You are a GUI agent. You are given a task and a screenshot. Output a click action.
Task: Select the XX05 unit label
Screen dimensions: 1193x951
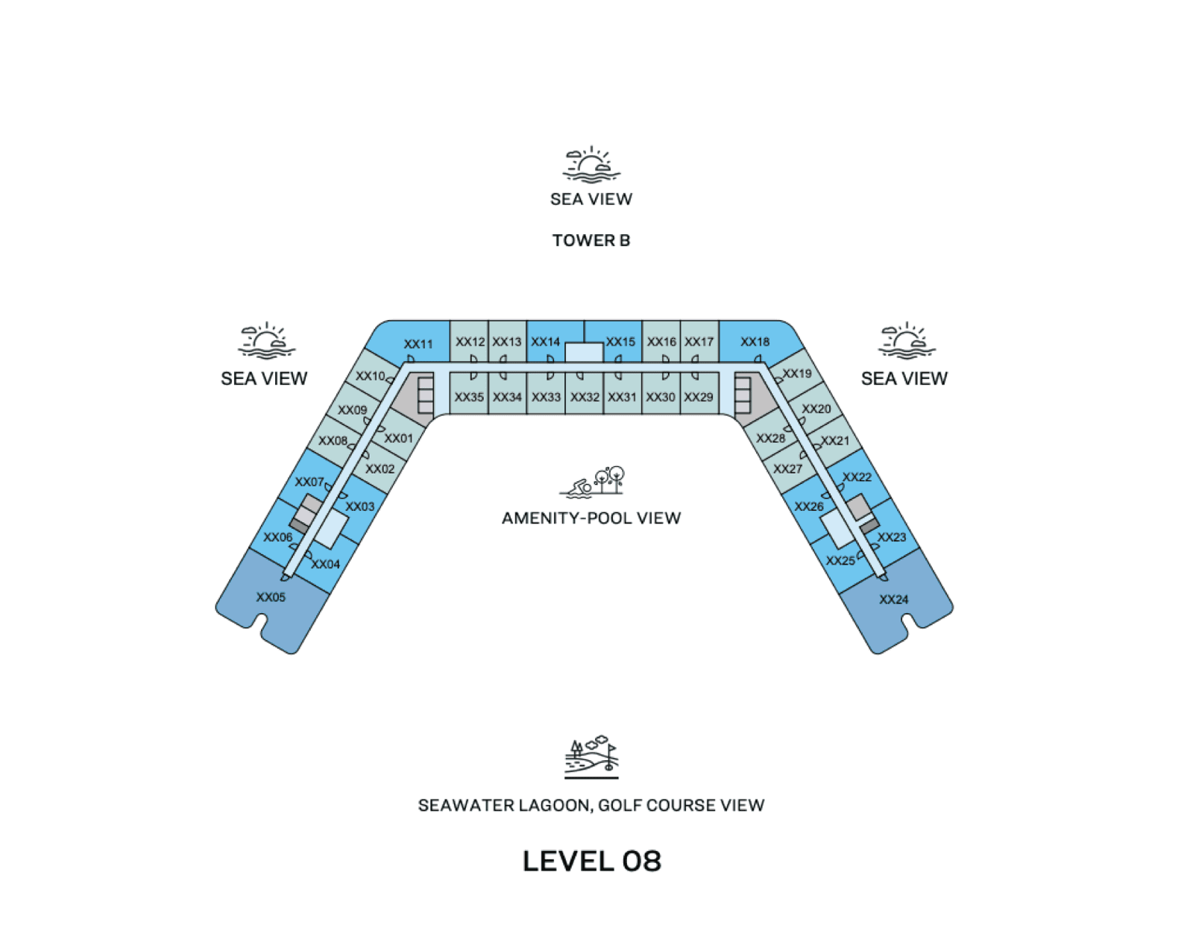tap(271, 597)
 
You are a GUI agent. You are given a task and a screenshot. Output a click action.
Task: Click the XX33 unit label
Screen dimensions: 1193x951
tap(546, 397)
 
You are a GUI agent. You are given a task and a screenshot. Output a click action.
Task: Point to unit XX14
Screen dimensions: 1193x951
tap(546, 342)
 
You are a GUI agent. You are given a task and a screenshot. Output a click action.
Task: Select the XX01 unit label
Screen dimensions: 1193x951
tap(399, 438)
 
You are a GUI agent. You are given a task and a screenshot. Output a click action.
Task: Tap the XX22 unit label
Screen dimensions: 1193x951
tap(857, 477)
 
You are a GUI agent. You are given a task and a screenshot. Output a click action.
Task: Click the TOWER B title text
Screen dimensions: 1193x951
tap(591, 241)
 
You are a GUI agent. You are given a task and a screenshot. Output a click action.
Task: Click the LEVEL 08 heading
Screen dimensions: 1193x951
tap(591, 861)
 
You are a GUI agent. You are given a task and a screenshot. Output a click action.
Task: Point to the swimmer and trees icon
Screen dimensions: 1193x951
tap(592, 481)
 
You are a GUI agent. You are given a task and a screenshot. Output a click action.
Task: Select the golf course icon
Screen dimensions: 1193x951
tap(591, 758)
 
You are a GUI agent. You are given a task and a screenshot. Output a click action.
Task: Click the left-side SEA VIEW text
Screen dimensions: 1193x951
tap(264, 379)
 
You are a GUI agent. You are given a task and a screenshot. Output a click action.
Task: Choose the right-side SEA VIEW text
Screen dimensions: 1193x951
tap(904, 379)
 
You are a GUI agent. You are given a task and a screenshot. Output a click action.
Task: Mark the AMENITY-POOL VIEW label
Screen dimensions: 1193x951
tap(591, 518)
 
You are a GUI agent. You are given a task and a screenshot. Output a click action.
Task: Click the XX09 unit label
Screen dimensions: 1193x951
tap(353, 409)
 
